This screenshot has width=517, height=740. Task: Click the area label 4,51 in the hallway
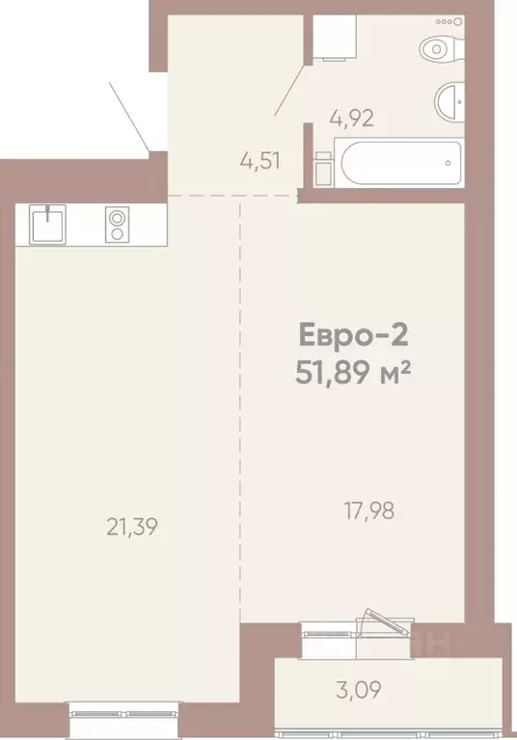click(259, 160)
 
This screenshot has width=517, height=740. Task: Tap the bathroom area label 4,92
click(351, 119)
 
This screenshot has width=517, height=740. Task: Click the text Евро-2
click(354, 336)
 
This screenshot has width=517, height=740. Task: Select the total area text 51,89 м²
click(354, 371)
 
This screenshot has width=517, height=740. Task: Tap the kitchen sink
click(47, 225)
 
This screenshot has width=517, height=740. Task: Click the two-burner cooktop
click(117, 225)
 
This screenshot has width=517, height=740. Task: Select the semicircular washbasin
click(451, 101)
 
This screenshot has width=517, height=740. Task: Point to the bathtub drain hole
click(449, 163)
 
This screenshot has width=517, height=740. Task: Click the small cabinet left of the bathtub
click(324, 168)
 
